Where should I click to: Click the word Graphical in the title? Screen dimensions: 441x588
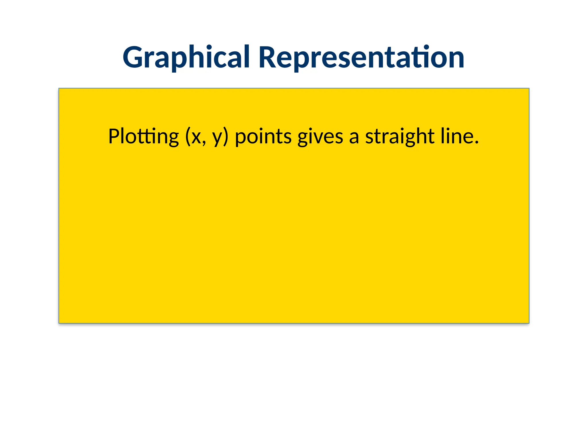tap(186, 57)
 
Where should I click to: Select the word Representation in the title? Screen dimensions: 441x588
tap(361, 57)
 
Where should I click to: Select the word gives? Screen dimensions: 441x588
tap(320, 137)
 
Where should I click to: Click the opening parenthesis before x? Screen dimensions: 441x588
tap(188, 137)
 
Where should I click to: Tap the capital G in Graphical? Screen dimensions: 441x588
tap(133, 57)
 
